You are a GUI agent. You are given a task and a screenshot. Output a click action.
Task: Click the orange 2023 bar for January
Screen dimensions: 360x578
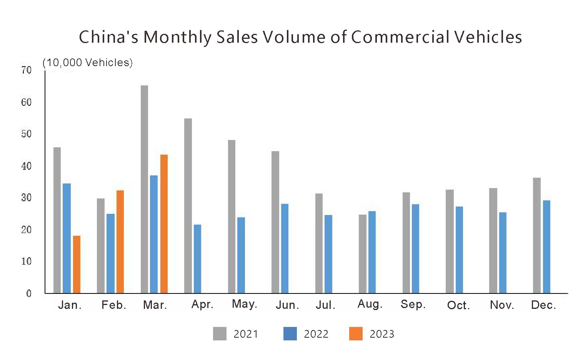pyautogui.click(x=77, y=265)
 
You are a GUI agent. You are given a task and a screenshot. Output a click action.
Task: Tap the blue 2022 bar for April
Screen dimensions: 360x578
pyautogui.click(x=197, y=259)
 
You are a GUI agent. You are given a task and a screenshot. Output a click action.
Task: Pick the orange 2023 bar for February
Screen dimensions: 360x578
pyautogui.click(x=120, y=242)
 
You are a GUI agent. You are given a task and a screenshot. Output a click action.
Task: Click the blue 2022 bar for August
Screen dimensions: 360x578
pyautogui.click(x=372, y=252)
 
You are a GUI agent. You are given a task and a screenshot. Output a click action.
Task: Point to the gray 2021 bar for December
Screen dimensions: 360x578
pyautogui.click(x=537, y=235)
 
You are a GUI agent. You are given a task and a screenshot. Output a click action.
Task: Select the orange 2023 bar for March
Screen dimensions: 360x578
pyautogui.click(x=164, y=224)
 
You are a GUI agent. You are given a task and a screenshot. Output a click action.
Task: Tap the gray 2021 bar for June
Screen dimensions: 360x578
pyautogui.click(x=275, y=222)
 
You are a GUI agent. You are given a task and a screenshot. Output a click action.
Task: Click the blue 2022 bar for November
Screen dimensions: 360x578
pyautogui.click(x=503, y=253)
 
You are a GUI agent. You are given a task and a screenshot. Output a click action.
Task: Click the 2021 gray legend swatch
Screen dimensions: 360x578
pyautogui.click(x=220, y=334)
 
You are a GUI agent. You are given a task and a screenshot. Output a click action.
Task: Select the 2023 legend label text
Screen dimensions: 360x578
pyautogui.click(x=382, y=334)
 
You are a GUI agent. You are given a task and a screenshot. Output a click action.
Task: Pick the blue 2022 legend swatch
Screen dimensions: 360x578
pyautogui.click(x=290, y=334)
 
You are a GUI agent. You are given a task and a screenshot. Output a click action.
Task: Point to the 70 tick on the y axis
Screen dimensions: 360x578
pyautogui.click(x=27, y=70)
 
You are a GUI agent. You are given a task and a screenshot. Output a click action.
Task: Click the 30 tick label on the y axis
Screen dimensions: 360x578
pyautogui.click(x=27, y=198)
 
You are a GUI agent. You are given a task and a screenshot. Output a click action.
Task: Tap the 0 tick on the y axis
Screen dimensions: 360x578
pyautogui.click(x=29, y=293)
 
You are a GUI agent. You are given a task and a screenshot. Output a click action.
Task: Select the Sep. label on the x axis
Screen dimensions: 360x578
pyautogui.click(x=413, y=304)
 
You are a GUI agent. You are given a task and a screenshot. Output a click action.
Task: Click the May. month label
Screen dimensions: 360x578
pyautogui.click(x=244, y=304)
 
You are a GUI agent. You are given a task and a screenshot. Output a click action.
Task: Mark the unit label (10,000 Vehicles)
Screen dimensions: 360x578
pyautogui.click(x=88, y=63)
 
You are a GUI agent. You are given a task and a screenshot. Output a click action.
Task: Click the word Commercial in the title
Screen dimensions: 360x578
pyautogui.click(x=400, y=37)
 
